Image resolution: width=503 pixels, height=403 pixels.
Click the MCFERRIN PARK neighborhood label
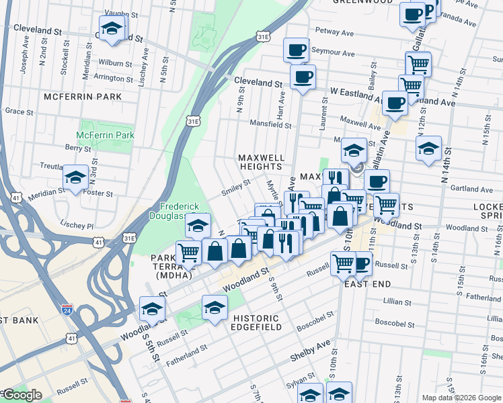[83, 97]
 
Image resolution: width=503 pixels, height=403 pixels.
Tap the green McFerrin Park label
[105, 135]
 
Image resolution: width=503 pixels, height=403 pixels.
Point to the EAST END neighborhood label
[367, 284]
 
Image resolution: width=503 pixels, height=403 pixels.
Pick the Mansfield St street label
[270, 125]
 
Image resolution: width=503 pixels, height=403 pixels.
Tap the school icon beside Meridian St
[75, 178]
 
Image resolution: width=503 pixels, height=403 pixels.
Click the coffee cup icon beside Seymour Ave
[296, 50]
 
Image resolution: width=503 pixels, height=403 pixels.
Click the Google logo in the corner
[22, 396]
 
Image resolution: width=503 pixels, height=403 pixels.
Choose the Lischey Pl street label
[75, 227]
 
